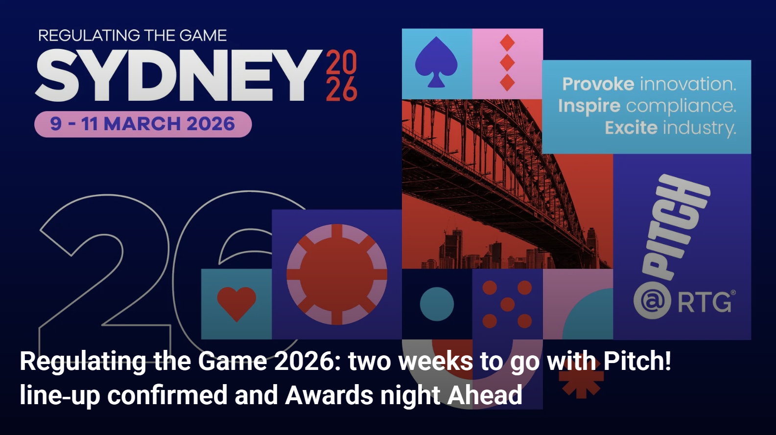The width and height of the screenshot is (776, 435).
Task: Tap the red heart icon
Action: tap(236, 303)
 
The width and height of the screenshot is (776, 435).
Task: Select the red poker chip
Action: tap(337, 274)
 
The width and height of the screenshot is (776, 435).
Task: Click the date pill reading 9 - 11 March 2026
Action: tap(142, 124)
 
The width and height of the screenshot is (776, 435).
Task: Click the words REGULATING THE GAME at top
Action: tap(132, 35)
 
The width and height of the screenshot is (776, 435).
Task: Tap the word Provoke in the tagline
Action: tap(598, 84)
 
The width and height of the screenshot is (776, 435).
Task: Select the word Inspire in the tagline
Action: tap(589, 106)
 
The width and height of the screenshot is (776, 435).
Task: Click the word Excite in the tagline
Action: tap(631, 128)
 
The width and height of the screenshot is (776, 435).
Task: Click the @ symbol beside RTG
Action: tap(652, 301)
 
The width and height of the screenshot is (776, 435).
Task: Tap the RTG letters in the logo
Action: tap(705, 302)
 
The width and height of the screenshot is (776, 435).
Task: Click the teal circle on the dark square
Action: tap(437, 304)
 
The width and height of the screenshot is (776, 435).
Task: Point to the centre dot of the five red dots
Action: tap(508, 304)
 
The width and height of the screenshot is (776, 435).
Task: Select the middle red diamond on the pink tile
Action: tap(507, 63)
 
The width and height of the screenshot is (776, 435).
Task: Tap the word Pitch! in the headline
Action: tap(637, 362)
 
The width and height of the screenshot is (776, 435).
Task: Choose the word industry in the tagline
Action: tap(699, 128)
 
